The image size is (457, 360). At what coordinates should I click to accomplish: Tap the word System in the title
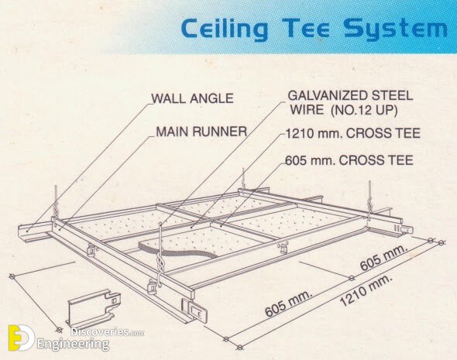395,29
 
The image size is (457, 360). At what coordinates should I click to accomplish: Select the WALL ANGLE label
192,98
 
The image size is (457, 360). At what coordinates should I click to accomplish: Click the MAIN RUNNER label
201,132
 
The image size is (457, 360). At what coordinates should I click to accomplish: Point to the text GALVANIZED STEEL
350,95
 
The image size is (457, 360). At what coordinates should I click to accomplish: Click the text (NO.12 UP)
365,110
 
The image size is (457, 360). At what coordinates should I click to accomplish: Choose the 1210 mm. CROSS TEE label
352,133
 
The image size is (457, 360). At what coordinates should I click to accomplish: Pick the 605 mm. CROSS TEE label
349,160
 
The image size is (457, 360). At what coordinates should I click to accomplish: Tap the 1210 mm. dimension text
366,290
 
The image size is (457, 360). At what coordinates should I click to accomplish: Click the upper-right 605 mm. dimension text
383,257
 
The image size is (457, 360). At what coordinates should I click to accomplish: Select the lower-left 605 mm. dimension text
289,303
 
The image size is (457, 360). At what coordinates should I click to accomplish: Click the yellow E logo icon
20,338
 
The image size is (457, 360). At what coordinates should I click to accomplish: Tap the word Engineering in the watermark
73,344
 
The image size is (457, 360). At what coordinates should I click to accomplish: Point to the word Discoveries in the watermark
101,331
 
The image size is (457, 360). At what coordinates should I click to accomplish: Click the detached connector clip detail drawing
93,310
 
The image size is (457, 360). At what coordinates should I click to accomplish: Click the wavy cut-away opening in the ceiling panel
178,250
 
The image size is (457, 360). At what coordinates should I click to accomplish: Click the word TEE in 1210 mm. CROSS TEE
409,133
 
